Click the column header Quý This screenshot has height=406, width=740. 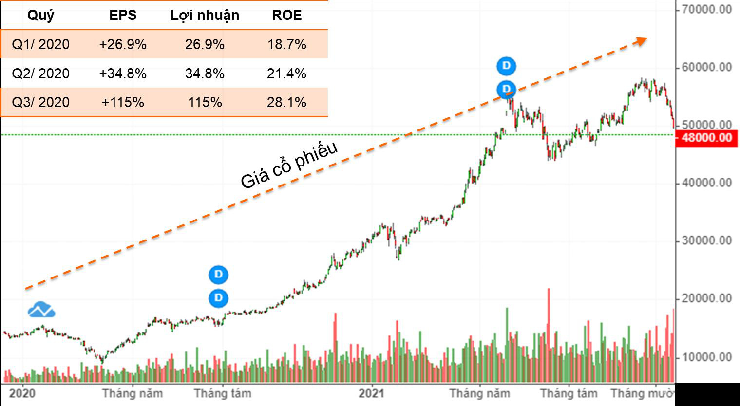point(40,15)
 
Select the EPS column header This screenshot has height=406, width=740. point(123,15)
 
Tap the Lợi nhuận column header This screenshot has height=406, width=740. point(205,15)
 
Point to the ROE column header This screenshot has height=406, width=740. point(286,15)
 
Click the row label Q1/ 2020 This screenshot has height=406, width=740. point(40,44)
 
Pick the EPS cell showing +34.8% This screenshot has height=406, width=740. point(123,74)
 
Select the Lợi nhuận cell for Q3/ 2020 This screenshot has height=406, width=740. point(205,102)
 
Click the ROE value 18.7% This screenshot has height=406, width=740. point(286,44)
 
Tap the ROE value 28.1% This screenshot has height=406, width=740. point(286,102)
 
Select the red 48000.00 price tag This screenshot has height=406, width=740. point(707,138)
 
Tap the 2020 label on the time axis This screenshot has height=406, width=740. point(22,393)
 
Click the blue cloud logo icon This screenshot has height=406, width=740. point(41,310)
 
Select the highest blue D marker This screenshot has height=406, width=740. point(506,65)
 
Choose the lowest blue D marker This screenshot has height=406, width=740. point(218,297)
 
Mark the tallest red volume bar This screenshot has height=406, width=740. point(549,335)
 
